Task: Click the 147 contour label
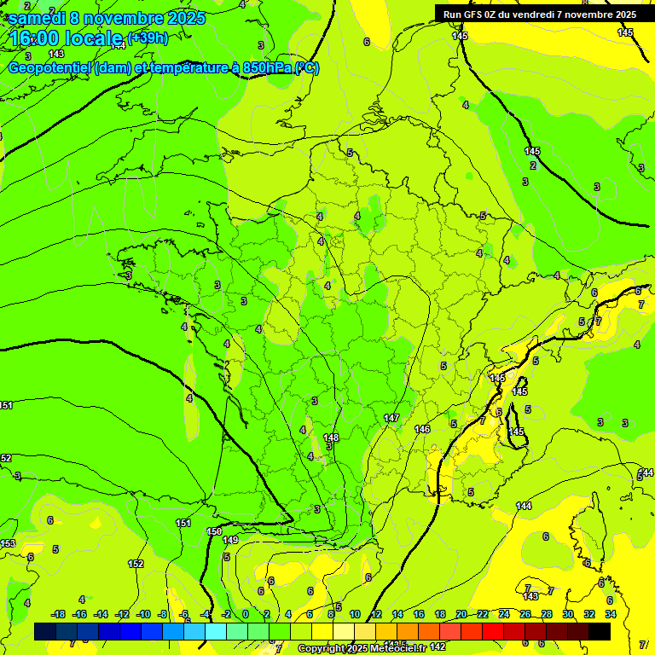click(391, 418)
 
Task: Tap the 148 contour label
click(331, 438)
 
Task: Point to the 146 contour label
click(422, 429)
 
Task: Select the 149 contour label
click(230, 540)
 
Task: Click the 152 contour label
click(136, 564)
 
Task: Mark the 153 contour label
click(8, 543)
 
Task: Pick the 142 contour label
click(438, 647)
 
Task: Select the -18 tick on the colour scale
click(58, 614)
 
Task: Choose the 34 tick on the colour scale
click(611, 614)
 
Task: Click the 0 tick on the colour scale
click(246, 614)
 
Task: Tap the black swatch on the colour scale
click(600, 631)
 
